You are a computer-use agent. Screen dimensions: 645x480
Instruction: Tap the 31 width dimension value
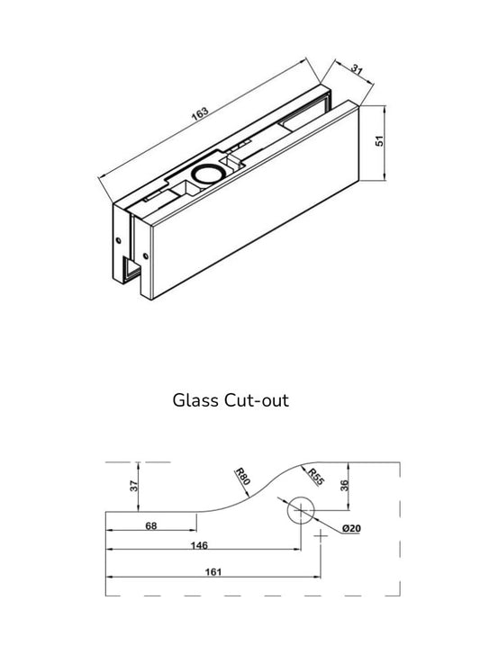(x=358, y=69)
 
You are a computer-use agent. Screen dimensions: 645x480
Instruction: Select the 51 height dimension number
(x=379, y=142)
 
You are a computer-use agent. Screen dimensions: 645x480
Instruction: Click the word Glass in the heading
(x=195, y=400)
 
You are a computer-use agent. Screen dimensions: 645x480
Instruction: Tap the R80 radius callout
(x=240, y=478)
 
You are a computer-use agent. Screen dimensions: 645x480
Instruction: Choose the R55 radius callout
(x=314, y=478)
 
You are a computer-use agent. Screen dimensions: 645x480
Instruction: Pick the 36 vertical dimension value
(x=344, y=487)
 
